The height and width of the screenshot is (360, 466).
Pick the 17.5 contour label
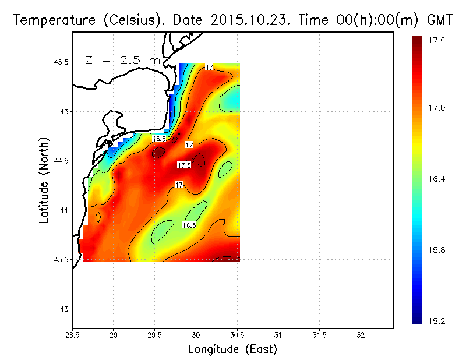click(x=184, y=165)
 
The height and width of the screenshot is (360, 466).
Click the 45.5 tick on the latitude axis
click(x=61, y=62)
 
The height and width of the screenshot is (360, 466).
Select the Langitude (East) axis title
click(x=232, y=350)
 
